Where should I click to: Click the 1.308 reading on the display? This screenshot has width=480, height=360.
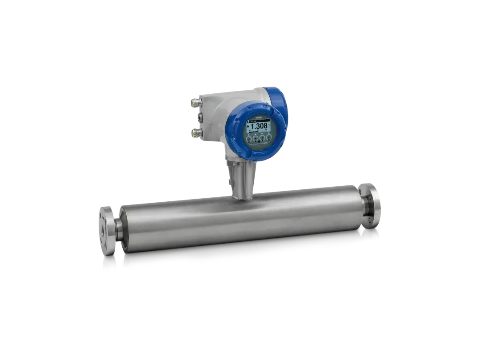tap(259, 126)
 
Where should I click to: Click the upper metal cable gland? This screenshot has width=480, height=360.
tap(195, 103)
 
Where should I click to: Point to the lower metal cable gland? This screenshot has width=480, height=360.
tap(195, 132)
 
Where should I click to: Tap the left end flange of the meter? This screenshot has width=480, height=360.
tap(106, 230)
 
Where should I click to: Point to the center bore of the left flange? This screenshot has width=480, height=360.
tap(99, 231)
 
